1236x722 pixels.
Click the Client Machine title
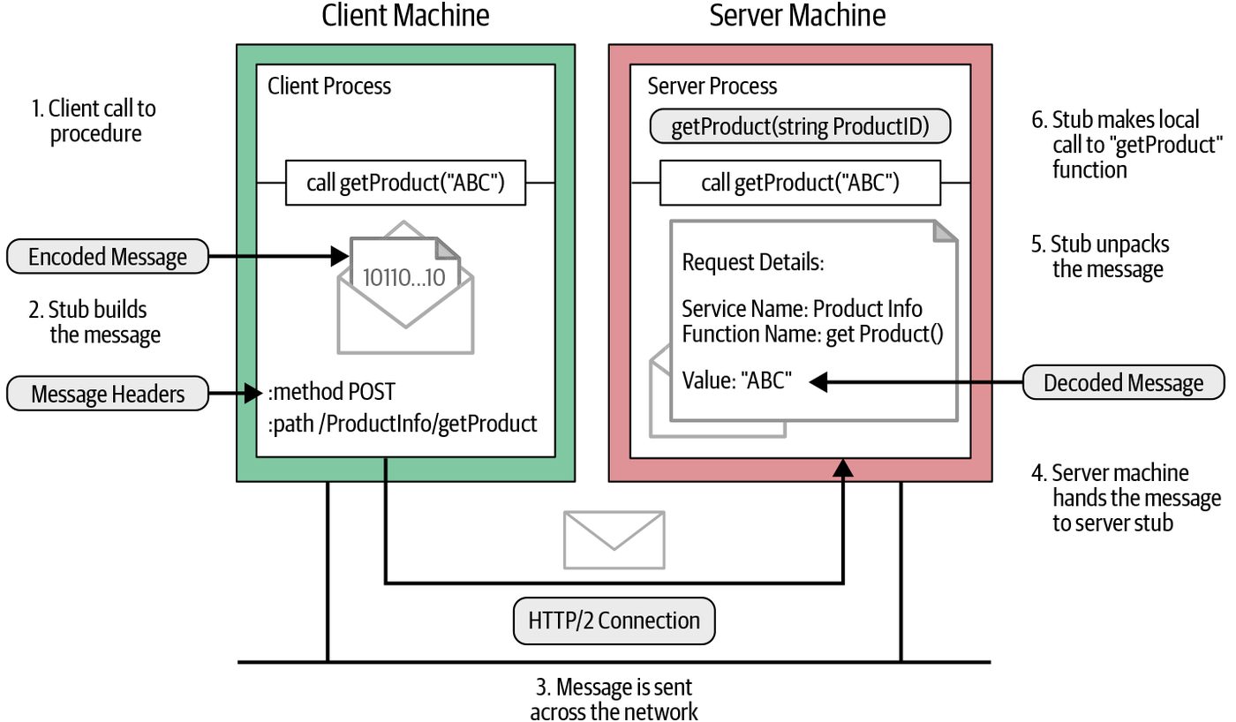tap(405, 15)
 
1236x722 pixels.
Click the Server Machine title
tap(797, 15)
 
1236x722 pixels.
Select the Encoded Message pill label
tap(108, 257)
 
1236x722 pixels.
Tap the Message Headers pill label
tap(108, 394)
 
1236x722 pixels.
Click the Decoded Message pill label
tap(1123, 382)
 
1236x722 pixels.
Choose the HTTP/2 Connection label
tap(614, 620)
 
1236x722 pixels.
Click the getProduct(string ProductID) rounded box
tap(800, 126)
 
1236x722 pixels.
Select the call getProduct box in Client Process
tap(405, 183)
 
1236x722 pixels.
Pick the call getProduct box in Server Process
tap(800, 183)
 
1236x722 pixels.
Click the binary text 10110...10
tap(404, 277)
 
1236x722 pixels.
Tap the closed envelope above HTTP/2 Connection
tap(614, 540)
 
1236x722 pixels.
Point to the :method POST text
tap(332, 392)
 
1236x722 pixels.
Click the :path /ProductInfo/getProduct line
tap(403, 424)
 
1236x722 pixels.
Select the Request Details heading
tap(752, 262)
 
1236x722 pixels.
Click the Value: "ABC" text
tap(736, 380)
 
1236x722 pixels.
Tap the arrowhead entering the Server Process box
tap(843, 468)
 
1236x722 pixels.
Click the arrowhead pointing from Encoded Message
tap(340, 256)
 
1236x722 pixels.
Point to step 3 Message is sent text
tap(614, 699)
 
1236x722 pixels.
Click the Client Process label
tap(329, 86)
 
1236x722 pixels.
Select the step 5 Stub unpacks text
tap(1100, 257)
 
